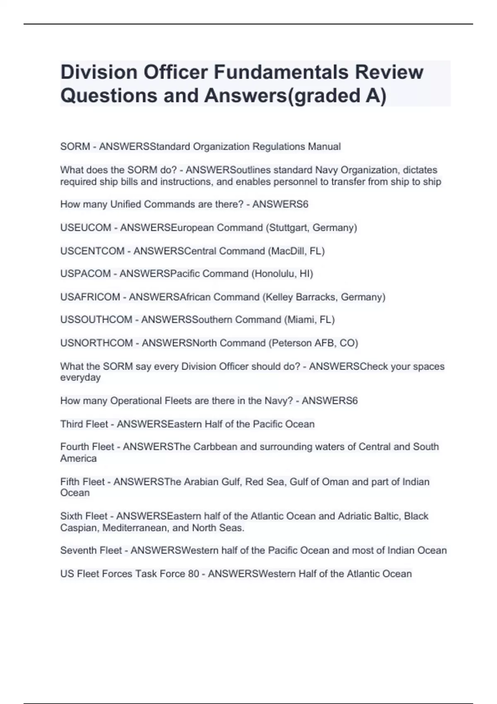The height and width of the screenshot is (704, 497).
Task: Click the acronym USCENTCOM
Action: (x=92, y=251)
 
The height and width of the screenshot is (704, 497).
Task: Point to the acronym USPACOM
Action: (x=85, y=274)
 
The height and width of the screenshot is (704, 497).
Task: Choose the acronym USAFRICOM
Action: (x=90, y=297)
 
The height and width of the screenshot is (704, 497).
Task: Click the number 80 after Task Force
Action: (x=193, y=574)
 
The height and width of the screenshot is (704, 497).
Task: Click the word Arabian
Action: (x=201, y=482)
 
